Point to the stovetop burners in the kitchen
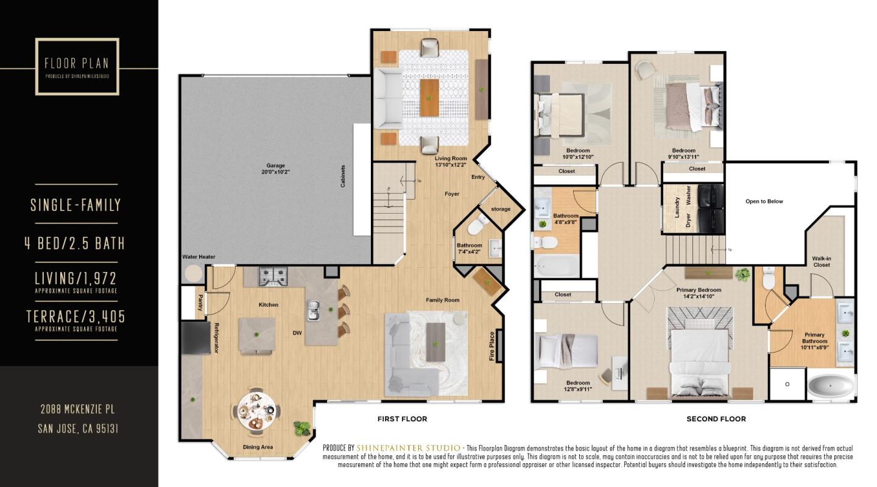(273, 278)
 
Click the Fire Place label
(492, 346)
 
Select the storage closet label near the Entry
(501, 209)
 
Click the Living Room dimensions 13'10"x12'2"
(451, 164)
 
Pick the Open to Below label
(764, 201)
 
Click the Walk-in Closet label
(821, 262)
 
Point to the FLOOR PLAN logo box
(77, 66)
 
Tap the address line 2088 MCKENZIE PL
(78, 409)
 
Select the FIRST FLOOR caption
(402, 419)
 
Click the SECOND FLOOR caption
(716, 419)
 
